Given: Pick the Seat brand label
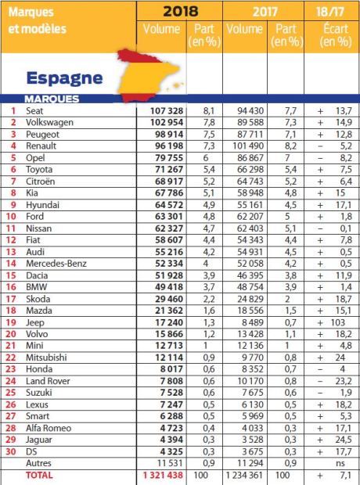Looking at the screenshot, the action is pos(34,110).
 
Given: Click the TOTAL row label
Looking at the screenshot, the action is pos(41,475).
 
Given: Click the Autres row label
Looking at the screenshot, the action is pos(38,464).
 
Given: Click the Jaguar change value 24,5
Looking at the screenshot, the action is pos(339,439).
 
